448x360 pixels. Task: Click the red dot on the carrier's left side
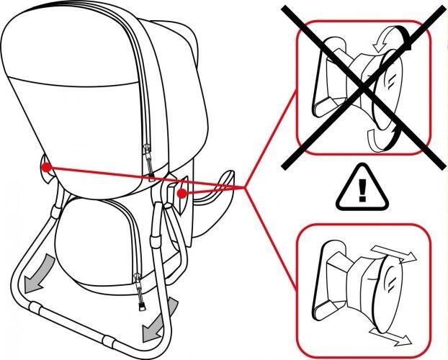45,167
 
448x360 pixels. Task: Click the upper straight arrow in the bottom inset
392,251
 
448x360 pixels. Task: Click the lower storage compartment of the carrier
94,245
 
